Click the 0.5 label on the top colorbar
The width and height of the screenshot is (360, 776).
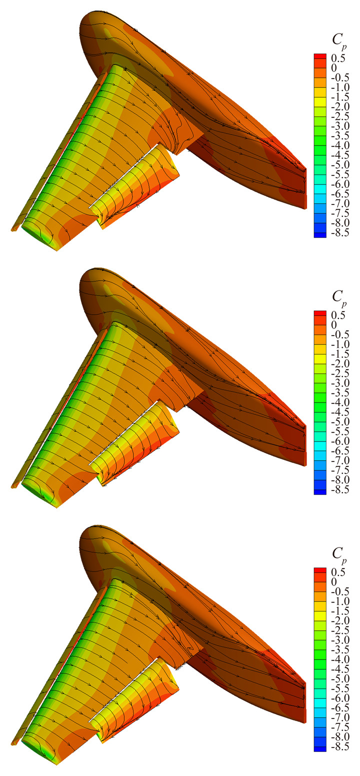(x=338, y=58)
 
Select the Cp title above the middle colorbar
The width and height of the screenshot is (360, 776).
(x=339, y=297)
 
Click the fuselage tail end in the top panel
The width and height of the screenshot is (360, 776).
(x=304, y=189)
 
